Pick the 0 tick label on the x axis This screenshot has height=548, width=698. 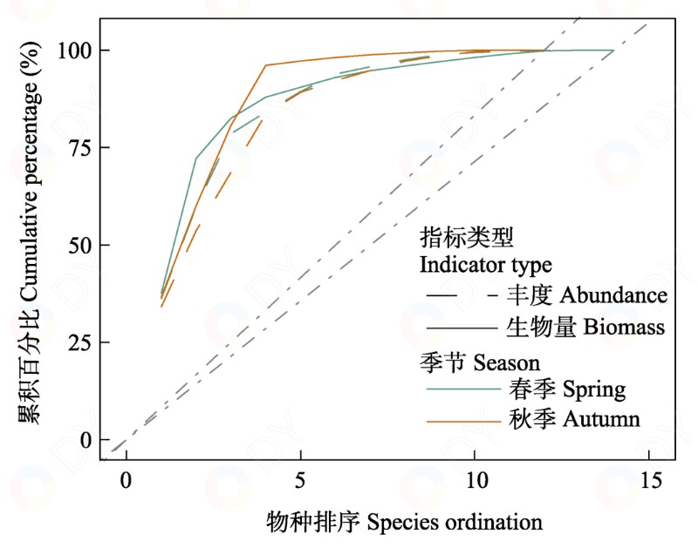coord(127,480)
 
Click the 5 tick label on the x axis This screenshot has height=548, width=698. coord(300,480)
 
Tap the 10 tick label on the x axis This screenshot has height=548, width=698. coord(475,480)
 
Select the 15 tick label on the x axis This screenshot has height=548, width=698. coord(649,480)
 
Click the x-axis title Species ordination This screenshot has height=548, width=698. coord(455,523)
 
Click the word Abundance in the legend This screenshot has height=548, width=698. coord(613,295)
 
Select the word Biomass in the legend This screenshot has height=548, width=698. coord(624,327)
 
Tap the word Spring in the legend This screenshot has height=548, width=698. coord(594,389)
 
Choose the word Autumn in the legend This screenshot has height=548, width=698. coord(601,419)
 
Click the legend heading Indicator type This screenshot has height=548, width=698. coord(486,266)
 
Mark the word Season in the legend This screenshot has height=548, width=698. coord(507,363)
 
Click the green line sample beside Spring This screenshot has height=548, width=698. coord(464,389)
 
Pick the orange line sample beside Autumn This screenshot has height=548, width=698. coord(464,421)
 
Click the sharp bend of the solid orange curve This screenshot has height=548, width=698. coord(266,65)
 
